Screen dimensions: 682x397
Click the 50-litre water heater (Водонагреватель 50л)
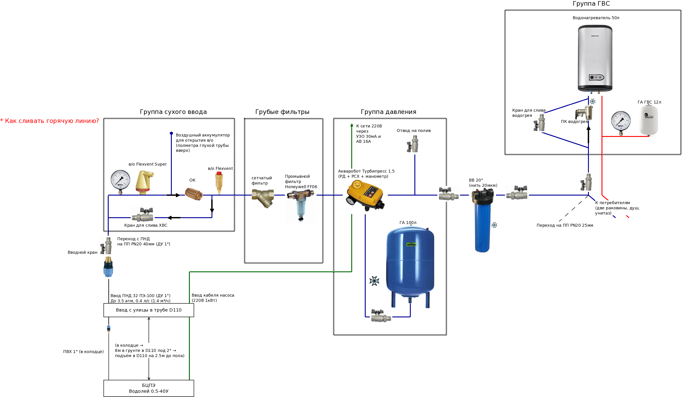pyautogui.click(x=595, y=58)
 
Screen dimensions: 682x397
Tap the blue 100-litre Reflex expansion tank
pyautogui.click(x=410, y=267)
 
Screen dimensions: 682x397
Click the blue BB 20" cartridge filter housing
pyautogui.click(x=482, y=220)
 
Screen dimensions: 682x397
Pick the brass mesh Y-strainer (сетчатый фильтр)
pyautogui.click(x=263, y=198)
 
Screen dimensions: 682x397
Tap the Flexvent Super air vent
pyautogui.click(x=144, y=182)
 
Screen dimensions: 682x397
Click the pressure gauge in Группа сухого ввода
pyautogui.click(x=120, y=181)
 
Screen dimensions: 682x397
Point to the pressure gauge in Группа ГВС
pyautogui.click(x=621, y=122)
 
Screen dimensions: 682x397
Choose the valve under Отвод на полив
pyautogui.click(x=413, y=143)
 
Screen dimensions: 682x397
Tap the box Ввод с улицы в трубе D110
pyautogui.click(x=149, y=310)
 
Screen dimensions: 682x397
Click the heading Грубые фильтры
pyautogui.click(x=282, y=112)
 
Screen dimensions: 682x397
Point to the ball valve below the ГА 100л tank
pyautogui.click(x=381, y=316)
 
